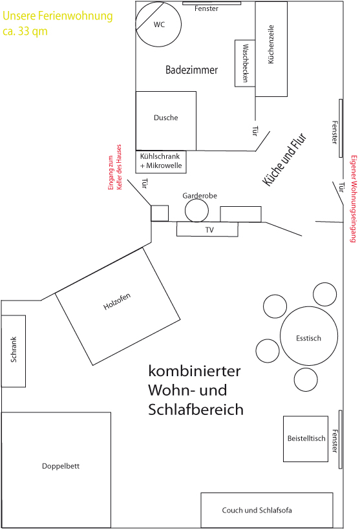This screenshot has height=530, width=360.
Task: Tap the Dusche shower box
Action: click(166, 121)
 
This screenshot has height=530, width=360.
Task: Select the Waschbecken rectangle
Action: click(245, 63)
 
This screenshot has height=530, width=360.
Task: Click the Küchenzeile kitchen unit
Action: click(271, 49)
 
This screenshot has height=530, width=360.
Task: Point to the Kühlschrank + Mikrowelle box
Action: click(161, 162)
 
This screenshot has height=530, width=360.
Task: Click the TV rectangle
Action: click(207, 229)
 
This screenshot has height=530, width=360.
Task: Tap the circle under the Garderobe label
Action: click(196, 211)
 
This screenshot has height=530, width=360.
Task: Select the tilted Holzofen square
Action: click(118, 306)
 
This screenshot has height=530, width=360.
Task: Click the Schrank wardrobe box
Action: click(14, 351)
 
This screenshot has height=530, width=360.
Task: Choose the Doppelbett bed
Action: click(56, 470)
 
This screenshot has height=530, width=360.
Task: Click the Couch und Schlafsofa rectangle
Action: click(267, 510)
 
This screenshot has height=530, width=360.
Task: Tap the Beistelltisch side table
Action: click(306, 439)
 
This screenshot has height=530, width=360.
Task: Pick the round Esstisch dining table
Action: click(309, 335)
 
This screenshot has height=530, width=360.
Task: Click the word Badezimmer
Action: click(192, 70)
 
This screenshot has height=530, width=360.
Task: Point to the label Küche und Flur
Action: click(285, 160)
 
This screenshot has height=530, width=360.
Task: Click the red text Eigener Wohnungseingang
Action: click(354, 199)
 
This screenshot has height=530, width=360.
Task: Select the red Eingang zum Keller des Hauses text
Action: click(114, 167)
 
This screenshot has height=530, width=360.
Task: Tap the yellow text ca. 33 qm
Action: click(25, 32)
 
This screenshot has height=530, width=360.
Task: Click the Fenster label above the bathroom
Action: click(206, 9)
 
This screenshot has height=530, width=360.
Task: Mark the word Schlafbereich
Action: click(196, 409)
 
